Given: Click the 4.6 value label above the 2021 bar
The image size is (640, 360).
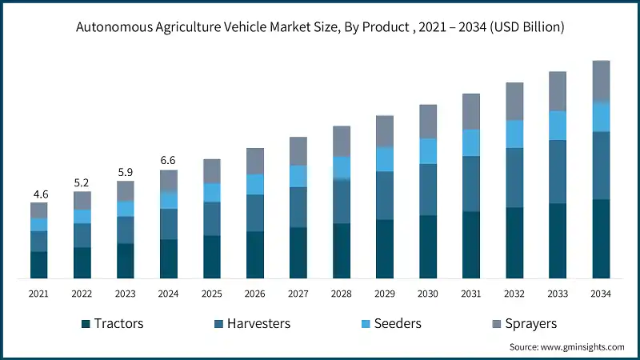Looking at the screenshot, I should click(38, 194).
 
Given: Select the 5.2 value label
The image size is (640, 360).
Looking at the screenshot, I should click(82, 183).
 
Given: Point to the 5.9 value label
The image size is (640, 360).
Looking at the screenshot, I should click(125, 172).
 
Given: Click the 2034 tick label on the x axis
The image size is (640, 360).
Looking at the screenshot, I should click(601, 294).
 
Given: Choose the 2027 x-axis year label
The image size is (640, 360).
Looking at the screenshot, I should click(298, 294).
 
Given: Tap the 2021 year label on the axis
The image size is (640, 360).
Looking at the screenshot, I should click(38, 294).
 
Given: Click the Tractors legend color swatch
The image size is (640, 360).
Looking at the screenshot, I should click(85, 324).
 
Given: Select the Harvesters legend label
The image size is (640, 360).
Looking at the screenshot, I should click(258, 324).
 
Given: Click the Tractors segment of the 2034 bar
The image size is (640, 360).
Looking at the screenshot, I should click(601, 238).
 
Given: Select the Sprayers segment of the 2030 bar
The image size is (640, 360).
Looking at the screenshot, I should click(428, 121).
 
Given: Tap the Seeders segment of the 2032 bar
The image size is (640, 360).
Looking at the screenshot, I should click(514, 134).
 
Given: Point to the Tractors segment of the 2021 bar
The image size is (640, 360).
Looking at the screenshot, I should click(38, 265).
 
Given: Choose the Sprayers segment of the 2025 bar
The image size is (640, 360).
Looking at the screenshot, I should click(211, 170).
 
